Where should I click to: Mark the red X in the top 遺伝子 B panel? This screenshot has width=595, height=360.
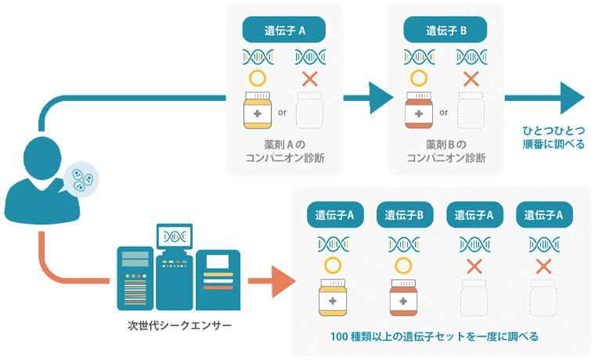coord(471,79)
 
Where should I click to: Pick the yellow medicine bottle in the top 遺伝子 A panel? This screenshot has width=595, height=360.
coord(258,111)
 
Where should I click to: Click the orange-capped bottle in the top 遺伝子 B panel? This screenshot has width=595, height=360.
coord(419,111)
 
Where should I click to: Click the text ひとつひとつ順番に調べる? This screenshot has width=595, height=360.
coord(554,137)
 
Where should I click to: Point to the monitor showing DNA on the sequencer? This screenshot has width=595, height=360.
coord(175,235)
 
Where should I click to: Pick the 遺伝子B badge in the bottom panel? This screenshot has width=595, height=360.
coord(400,214)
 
